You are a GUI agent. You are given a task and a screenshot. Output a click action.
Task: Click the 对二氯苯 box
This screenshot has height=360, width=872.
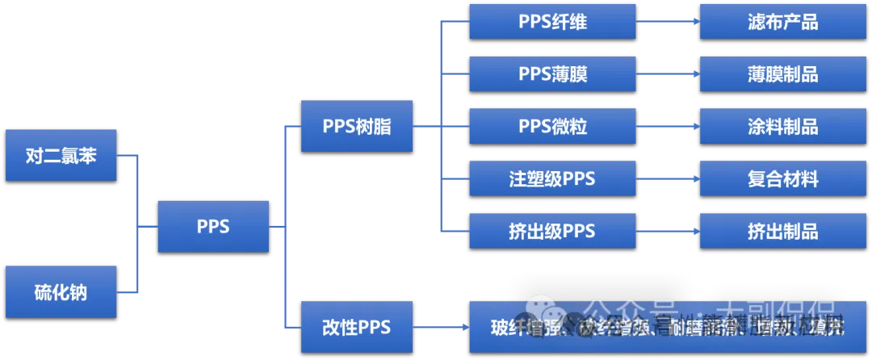coord(61,155)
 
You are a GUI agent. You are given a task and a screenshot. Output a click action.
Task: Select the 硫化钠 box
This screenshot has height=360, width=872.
coord(61,291)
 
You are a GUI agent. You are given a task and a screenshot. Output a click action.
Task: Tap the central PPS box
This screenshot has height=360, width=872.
coord(213,226)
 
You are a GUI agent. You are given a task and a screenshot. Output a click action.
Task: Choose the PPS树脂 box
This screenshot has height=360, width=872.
coord(356,126)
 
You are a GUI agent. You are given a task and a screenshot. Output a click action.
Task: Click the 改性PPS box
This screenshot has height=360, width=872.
coord(356,327)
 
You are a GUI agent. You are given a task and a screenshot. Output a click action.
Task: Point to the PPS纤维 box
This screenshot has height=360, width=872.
coord(552,22)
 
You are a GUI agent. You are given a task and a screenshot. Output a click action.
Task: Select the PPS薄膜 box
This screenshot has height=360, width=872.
coord(552,74)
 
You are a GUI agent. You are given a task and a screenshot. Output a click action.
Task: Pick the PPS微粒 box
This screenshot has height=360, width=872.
coord(552,127)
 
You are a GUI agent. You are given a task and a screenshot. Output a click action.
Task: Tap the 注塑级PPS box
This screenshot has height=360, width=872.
coord(552,179)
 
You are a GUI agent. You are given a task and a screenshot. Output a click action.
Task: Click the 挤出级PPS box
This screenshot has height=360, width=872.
coord(552,232)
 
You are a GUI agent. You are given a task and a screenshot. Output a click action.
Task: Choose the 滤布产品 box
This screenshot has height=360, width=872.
coord(782,22)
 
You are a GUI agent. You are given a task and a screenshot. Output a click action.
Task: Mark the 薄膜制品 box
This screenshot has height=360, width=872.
coord(782,74)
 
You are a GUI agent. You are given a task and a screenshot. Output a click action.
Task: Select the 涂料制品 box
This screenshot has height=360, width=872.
coord(782,127)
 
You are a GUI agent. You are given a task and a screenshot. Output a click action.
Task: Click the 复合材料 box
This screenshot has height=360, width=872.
coord(782,179)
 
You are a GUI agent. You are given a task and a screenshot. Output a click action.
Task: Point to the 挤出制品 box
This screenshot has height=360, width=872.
coord(782,232)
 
